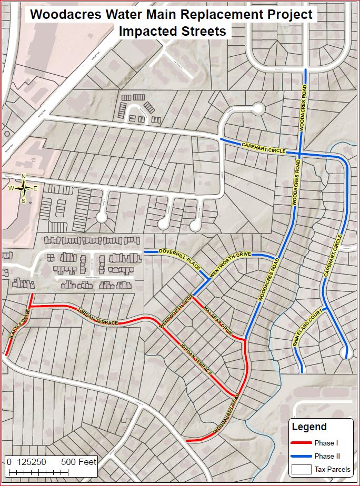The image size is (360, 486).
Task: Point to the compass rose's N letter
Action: coord(23,176)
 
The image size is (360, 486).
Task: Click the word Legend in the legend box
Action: coord(309,427)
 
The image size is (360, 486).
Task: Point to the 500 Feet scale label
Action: coord(79,462)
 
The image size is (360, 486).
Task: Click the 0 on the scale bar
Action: coord(9,462)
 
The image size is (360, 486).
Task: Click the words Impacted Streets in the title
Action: coord(172,32)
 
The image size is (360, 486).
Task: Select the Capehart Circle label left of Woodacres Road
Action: coord(264,148)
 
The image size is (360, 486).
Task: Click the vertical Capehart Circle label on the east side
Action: coord(334,255)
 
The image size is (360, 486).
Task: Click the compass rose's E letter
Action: coord(36,188)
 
